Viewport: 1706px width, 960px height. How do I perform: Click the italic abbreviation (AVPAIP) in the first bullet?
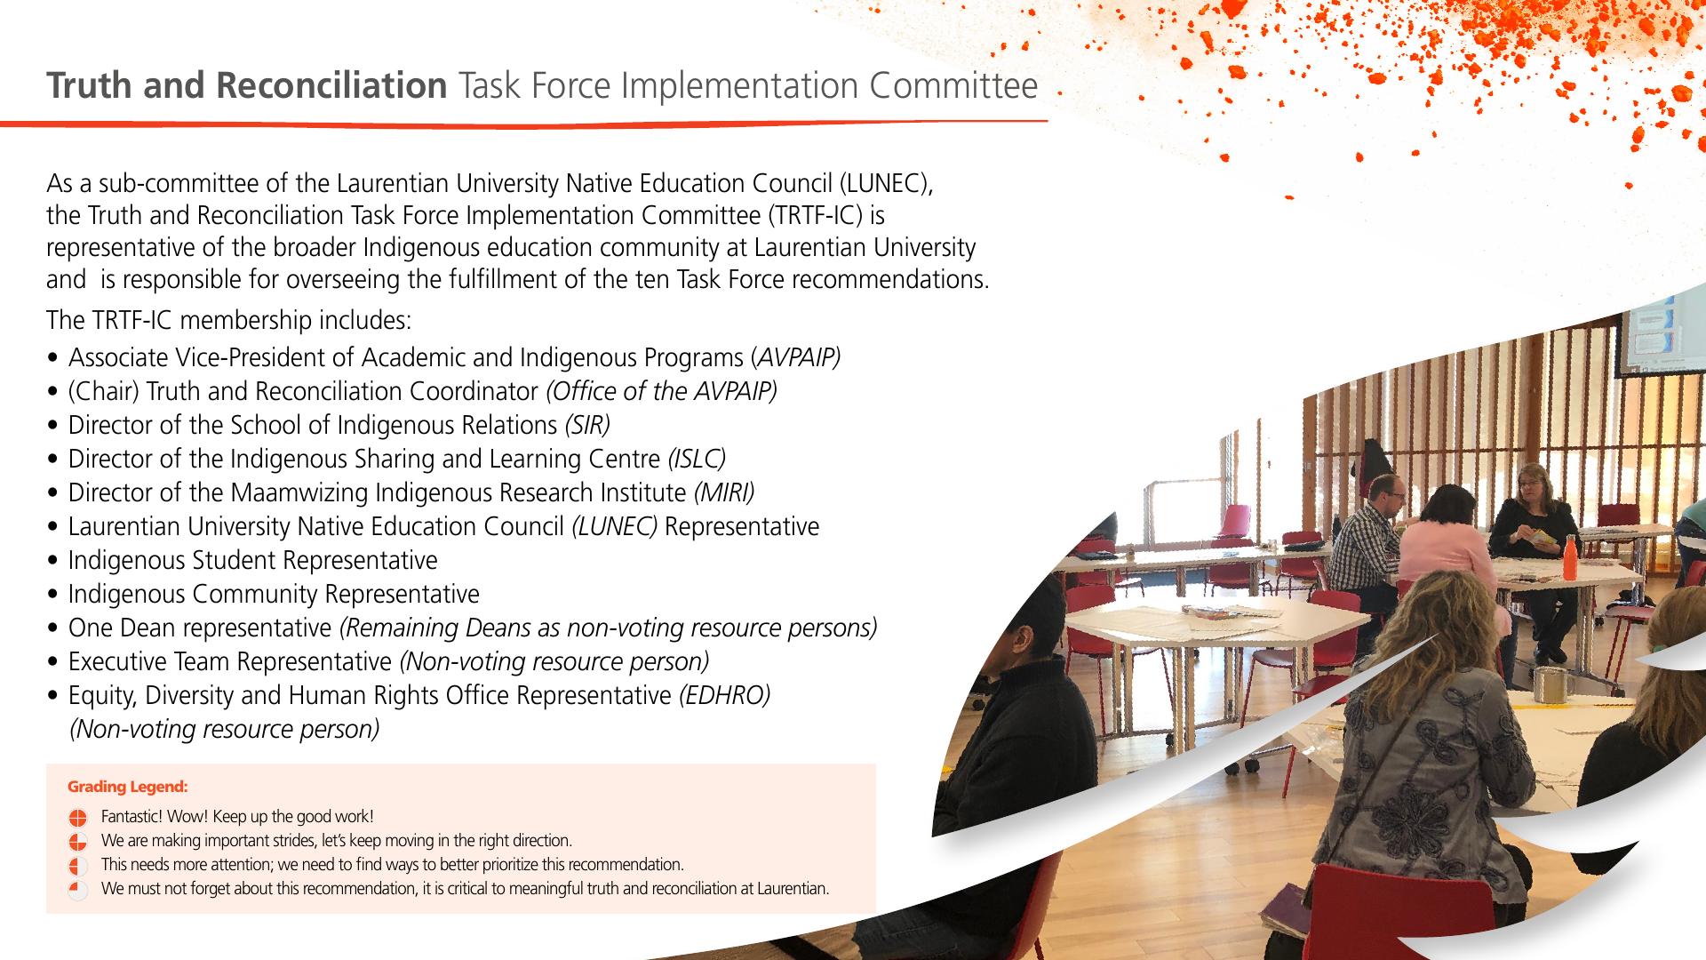coord(795,357)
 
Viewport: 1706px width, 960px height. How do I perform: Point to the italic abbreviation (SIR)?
coord(587,425)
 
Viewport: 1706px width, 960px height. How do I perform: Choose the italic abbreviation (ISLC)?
coord(697,459)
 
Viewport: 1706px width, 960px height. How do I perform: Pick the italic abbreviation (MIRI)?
coord(724,492)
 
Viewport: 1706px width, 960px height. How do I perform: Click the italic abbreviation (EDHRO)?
coord(724,695)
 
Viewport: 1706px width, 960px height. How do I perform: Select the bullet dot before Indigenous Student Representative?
coord(55,562)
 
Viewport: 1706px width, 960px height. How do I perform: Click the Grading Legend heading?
coord(128,787)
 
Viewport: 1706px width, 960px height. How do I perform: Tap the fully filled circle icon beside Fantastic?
coord(77,818)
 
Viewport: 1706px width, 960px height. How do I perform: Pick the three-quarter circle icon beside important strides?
coord(77,841)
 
